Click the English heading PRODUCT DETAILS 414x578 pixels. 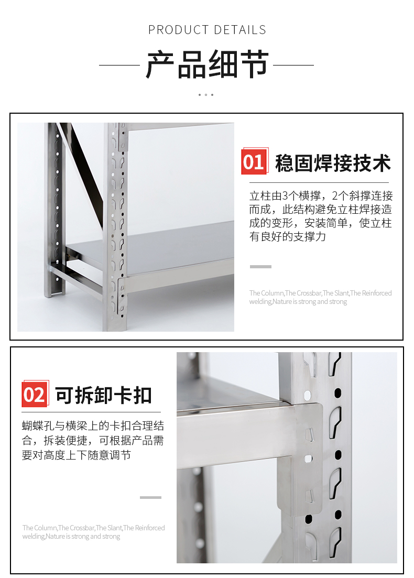207,30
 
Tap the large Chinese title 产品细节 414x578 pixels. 207,65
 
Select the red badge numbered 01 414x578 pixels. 254,162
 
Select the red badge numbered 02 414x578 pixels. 35,394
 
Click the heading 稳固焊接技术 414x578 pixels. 333,163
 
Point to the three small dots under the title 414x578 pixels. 206,95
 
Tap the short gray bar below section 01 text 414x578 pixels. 260,267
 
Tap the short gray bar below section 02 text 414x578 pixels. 150,497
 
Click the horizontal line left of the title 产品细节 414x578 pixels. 119,66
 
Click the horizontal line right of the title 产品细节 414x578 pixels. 293,66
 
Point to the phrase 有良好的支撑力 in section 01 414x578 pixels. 288,237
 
